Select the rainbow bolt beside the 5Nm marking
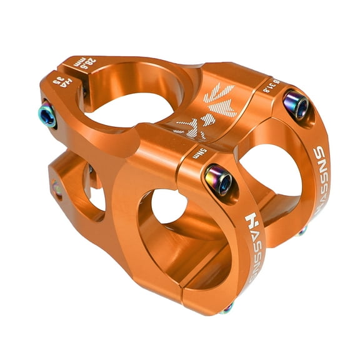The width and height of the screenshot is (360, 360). (x=219, y=179)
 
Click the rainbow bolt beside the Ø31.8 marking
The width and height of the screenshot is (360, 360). (x=296, y=105)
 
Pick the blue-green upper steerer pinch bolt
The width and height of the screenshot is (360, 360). (x=47, y=114)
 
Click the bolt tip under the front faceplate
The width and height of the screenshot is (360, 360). (x=229, y=307)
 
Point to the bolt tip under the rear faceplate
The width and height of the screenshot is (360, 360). (x=302, y=232)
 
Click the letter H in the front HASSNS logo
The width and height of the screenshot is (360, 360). (x=252, y=221)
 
